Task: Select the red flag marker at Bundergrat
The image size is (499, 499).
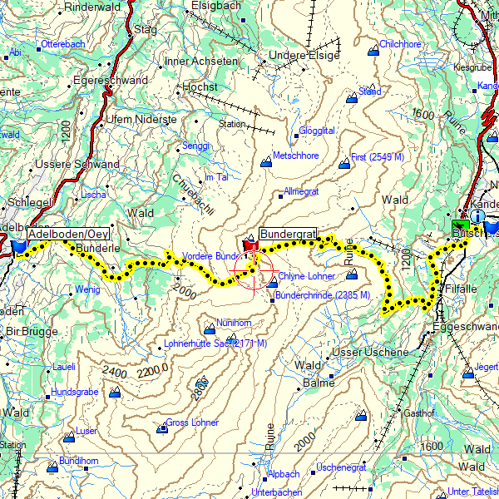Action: pyautogui.click(x=250, y=245)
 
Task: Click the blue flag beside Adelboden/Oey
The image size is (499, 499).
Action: pyautogui.click(x=19, y=246)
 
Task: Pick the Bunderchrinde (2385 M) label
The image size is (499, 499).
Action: pyautogui.click(x=322, y=295)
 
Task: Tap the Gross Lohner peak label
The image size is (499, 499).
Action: pyautogui.click(x=192, y=422)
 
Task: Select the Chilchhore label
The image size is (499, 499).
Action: pyautogui.click(x=400, y=44)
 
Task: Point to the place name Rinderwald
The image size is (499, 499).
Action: pyautogui.click(x=92, y=7)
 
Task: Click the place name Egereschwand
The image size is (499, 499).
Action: pyautogui.click(x=111, y=81)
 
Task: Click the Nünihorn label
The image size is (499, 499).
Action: pyautogui.click(x=233, y=323)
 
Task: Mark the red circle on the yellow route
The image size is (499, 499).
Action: pyautogui.click(x=254, y=272)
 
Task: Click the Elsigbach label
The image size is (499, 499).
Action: pyautogui.click(x=215, y=6)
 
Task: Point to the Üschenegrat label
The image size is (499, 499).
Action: pyautogui.click(x=342, y=467)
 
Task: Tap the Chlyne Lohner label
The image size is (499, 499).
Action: pyautogui.click(x=306, y=276)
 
